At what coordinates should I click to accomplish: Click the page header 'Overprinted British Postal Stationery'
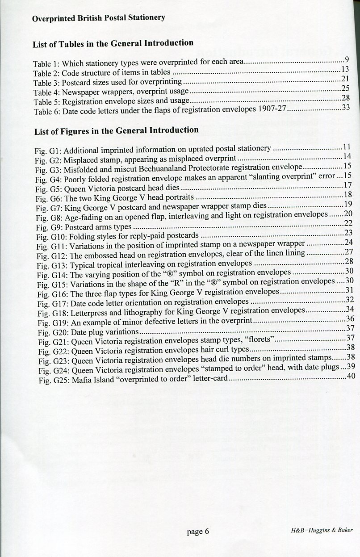(x=99, y=18)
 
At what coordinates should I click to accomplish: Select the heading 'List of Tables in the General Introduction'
(x=113, y=43)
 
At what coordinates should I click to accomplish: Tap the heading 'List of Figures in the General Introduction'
(x=116, y=130)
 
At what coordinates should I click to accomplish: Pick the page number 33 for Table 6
(x=345, y=108)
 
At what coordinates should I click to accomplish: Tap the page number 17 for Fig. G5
(x=348, y=185)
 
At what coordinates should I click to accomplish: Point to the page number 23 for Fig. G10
(x=348, y=232)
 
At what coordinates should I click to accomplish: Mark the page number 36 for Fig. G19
(x=350, y=318)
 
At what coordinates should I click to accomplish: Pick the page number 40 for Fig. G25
(x=351, y=377)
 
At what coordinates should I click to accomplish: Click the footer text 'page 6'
(x=198, y=532)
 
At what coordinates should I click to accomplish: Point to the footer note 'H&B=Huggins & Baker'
(x=321, y=530)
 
